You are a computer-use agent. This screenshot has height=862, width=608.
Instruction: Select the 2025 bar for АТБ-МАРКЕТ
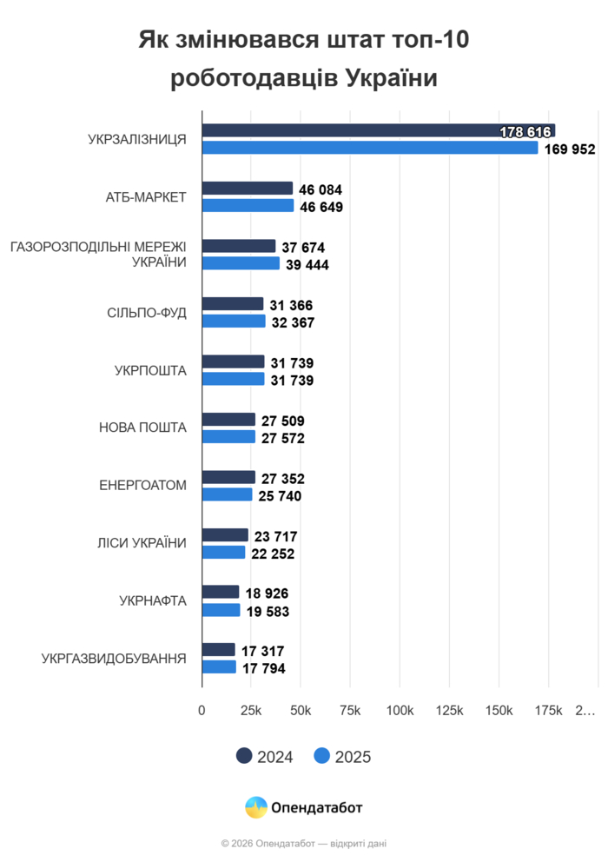(x=248, y=206)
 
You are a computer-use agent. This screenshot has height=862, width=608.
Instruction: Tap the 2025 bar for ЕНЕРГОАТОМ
(x=228, y=494)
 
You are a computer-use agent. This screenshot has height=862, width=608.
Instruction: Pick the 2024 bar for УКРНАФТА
(x=221, y=592)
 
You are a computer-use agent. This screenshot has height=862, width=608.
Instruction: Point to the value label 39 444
(x=306, y=265)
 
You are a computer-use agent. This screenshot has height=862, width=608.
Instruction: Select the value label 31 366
(x=291, y=305)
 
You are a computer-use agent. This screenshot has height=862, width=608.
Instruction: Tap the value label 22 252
(x=273, y=554)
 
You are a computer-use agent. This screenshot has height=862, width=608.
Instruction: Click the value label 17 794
(x=263, y=668)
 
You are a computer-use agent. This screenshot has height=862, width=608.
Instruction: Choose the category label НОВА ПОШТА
(x=142, y=428)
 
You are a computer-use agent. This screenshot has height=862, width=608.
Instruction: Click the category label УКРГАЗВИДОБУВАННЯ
(x=114, y=658)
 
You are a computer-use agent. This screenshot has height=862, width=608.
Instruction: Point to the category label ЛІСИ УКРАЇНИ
(x=142, y=543)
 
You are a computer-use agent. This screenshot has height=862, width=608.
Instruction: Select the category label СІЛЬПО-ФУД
(x=141, y=312)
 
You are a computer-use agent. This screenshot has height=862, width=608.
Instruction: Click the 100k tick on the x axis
(x=400, y=711)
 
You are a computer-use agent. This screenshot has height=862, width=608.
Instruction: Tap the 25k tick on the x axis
(x=251, y=711)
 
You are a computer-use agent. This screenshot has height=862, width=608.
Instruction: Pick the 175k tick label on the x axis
(x=548, y=711)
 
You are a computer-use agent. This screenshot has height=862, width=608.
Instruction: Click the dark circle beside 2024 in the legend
(x=244, y=756)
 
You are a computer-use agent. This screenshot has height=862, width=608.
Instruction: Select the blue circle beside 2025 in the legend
(x=321, y=756)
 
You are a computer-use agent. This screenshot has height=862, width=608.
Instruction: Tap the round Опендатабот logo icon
(x=256, y=807)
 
